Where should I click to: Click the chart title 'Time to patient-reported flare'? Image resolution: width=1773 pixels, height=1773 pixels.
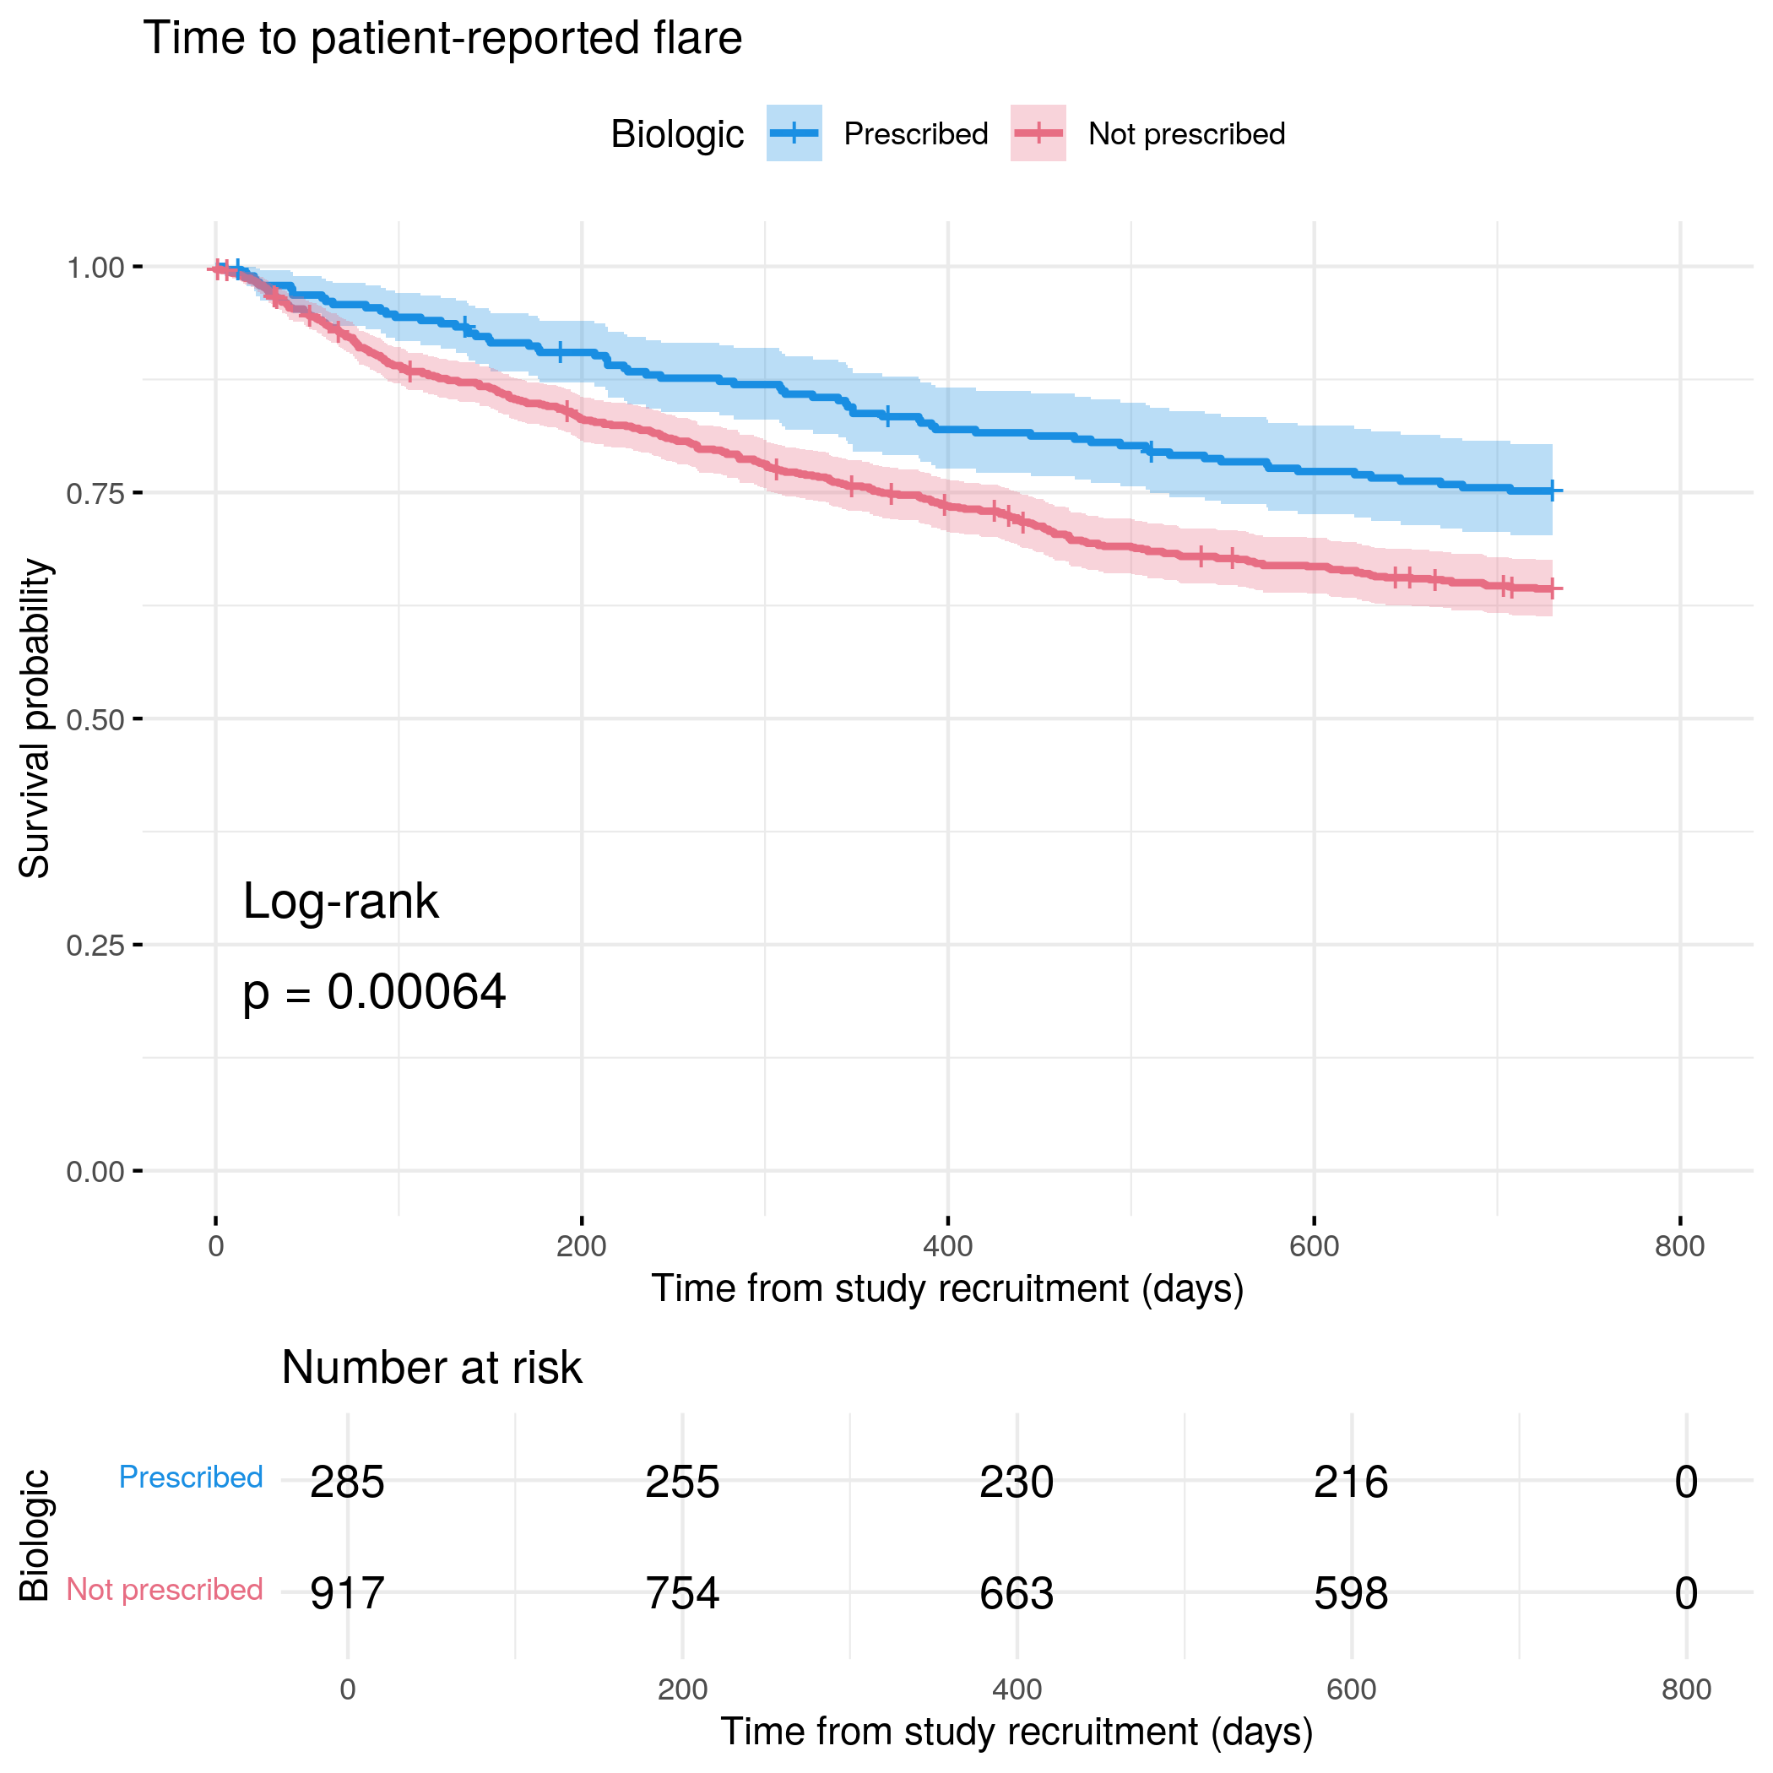tap(442, 39)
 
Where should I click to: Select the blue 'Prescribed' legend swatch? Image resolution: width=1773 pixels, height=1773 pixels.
tap(794, 133)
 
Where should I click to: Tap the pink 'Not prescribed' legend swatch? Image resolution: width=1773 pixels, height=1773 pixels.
tap(1038, 133)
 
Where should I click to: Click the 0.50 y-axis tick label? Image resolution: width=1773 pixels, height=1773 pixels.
tap(95, 719)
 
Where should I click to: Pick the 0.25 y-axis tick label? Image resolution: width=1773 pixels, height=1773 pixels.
tap(95, 946)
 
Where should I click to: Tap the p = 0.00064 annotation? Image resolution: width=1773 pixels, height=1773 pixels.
tap(373, 992)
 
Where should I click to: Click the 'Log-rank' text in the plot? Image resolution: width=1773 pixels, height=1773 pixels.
tap(340, 901)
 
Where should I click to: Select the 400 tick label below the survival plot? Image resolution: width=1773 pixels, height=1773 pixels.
tap(947, 1246)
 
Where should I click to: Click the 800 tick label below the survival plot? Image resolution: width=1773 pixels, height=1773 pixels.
tap(1679, 1246)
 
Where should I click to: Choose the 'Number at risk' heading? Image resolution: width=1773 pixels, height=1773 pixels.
tap(431, 1368)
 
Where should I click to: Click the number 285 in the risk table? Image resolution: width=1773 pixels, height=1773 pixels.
tap(347, 1482)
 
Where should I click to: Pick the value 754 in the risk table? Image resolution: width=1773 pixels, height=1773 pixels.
tap(682, 1593)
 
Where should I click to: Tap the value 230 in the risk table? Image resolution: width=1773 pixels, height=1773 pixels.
tap(1016, 1482)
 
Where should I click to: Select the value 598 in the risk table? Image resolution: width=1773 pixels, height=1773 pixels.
tap(1351, 1593)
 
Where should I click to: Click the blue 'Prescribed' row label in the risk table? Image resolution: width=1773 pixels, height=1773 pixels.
tap(191, 1477)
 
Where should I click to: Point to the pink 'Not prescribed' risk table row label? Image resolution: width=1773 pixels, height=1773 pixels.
tap(165, 1590)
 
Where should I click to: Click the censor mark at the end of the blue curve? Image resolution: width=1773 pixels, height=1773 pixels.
tap(1551, 492)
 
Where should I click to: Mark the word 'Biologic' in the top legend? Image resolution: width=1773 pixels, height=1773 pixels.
tap(677, 134)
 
